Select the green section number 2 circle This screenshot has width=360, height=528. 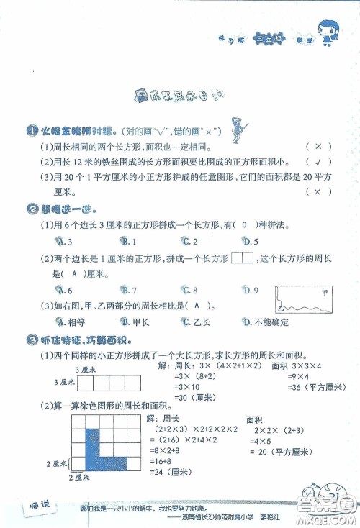[10, 209]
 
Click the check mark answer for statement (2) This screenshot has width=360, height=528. [317, 161]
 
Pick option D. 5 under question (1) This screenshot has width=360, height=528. [250, 242]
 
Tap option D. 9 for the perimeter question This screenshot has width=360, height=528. [250, 291]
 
